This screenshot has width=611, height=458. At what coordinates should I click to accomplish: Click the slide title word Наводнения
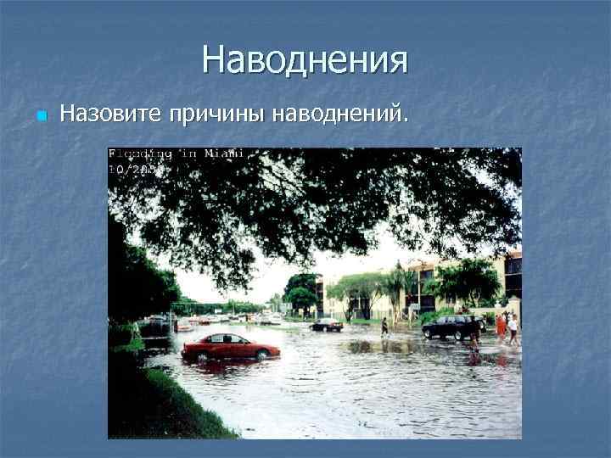point(305,60)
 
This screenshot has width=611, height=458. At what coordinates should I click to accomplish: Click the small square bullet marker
point(39,114)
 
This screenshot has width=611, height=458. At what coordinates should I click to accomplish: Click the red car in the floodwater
point(230,346)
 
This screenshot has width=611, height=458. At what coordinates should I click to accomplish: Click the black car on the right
point(451,327)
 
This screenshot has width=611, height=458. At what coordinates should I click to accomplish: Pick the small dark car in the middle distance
point(327,324)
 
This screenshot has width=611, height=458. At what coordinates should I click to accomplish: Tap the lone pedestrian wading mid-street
point(384,327)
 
